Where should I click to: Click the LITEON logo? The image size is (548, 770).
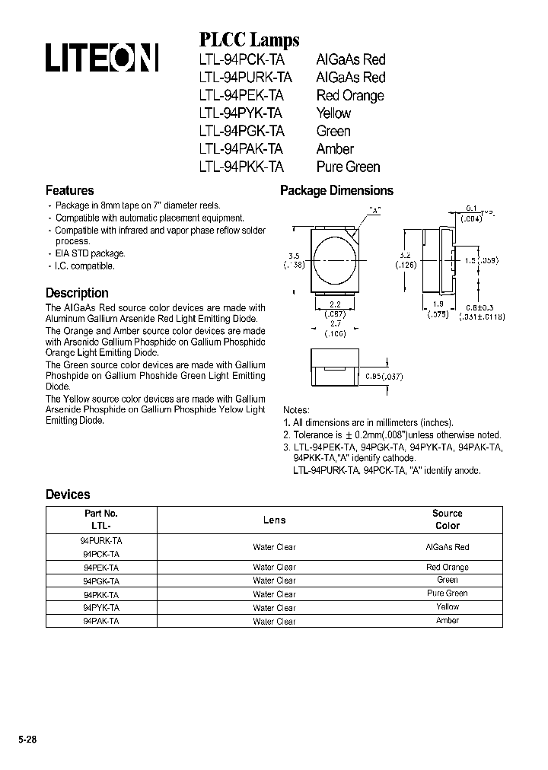pos(101,59)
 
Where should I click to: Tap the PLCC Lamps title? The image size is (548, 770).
pos(249,40)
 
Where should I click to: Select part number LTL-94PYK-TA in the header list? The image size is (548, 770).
pos(241,113)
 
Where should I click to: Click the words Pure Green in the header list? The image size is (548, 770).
pos(348,167)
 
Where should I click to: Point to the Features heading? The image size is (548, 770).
pos(70,191)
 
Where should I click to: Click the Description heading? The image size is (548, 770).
pos(77,293)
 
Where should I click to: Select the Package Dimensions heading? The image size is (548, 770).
pos(336,191)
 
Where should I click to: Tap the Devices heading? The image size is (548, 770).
pos(68,495)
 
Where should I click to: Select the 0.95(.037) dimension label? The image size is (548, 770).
pos(384,377)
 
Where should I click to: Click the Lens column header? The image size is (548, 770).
pos(274,520)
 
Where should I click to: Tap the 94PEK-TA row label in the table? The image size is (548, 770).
pos(100,568)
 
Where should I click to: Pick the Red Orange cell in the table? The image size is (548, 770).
pos(447,568)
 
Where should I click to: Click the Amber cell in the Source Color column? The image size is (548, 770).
pos(447,621)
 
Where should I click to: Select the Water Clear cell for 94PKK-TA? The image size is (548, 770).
pos(274,594)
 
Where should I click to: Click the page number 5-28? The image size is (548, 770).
pos(27,739)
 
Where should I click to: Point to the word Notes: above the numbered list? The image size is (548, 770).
pos(296,409)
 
